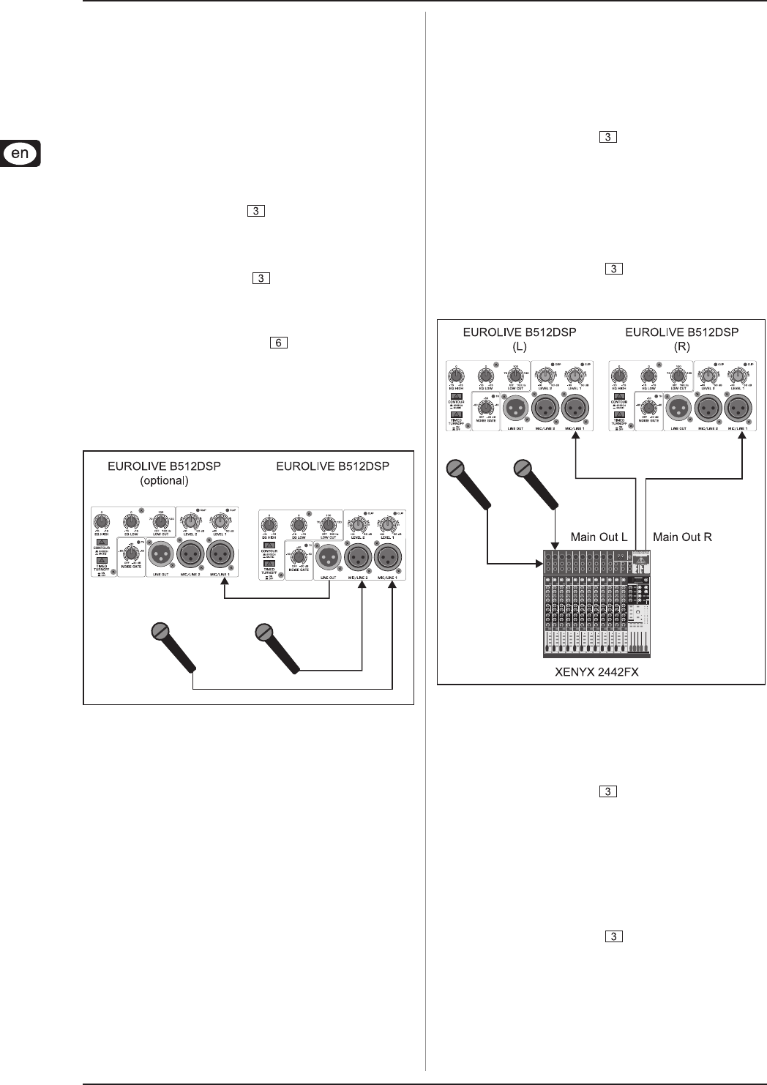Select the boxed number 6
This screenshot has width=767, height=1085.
pyautogui.click(x=278, y=342)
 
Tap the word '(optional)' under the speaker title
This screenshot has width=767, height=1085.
pyautogui.click(x=165, y=481)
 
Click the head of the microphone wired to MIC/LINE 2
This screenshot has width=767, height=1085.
pyautogui.click(x=264, y=633)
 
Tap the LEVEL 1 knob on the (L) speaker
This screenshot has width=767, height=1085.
pyautogui.click(x=576, y=378)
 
